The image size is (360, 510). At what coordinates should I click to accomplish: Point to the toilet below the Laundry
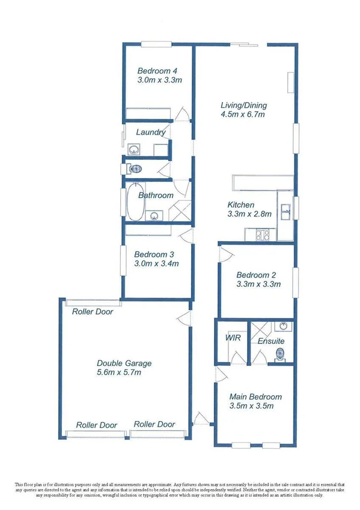[x=136, y=169]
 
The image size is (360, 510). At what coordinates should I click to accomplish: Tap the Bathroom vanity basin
[x=156, y=214]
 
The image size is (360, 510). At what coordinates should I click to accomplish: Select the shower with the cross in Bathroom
[x=180, y=211]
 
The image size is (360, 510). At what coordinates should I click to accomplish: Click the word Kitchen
[x=240, y=205]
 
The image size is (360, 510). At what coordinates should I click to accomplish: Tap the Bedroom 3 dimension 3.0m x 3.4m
[x=156, y=263]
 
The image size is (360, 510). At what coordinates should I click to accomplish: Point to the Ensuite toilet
[x=279, y=353]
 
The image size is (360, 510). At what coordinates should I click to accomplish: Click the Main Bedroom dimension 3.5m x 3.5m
[x=252, y=407]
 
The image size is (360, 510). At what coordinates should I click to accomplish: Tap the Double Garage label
[x=124, y=363]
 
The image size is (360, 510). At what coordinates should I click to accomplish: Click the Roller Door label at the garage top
[x=92, y=312]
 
